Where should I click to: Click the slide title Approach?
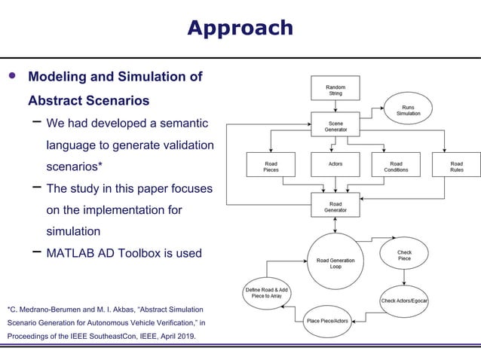[x=240, y=28]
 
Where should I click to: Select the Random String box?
[x=335, y=88]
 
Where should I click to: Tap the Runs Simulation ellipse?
[x=408, y=110]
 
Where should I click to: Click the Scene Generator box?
[x=335, y=124]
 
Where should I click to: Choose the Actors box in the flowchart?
[x=335, y=164]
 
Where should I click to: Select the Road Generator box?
[x=335, y=205]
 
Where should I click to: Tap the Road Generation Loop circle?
[x=335, y=262]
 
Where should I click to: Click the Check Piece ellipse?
[x=404, y=255]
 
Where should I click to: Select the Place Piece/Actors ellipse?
[x=327, y=322]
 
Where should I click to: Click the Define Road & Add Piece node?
[x=266, y=293]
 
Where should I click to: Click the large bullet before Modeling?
[x=11, y=77]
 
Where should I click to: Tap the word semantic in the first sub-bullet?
[x=178, y=122]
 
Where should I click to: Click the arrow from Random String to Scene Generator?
[x=335, y=106]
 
